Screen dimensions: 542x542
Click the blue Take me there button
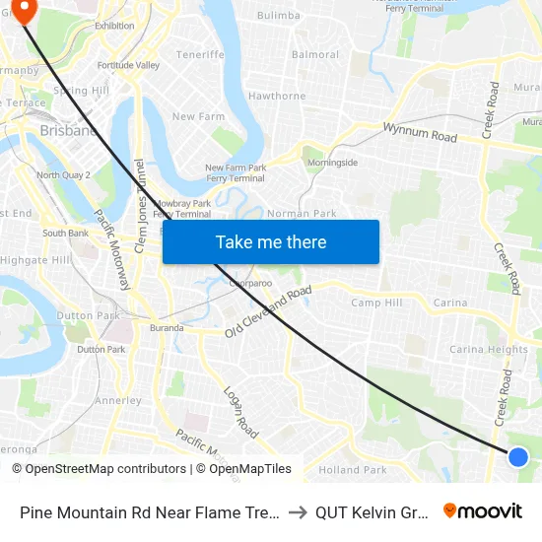(x=271, y=241)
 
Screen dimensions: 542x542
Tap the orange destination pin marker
(x=22, y=10)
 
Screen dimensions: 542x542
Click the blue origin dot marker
(x=518, y=456)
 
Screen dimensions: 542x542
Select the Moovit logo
(x=483, y=511)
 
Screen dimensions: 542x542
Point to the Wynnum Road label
(x=420, y=132)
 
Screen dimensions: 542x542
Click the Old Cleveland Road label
(x=268, y=312)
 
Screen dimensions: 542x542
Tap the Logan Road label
(x=241, y=412)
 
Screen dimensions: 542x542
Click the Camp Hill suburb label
(x=376, y=303)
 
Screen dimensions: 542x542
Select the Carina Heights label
(x=489, y=349)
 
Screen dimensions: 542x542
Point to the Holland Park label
(x=353, y=470)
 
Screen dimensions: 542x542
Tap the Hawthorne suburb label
(x=277, y=96)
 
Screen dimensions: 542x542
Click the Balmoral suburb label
(x=315, y=54)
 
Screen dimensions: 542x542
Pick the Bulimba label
(x=278, y=16)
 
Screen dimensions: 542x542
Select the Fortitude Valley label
(x=128, y=65)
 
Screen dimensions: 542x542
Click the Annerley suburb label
(x=118, y=401)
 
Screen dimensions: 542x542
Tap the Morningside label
(x=332, y=163)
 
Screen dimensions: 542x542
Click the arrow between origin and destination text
(x=298, y=512)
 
